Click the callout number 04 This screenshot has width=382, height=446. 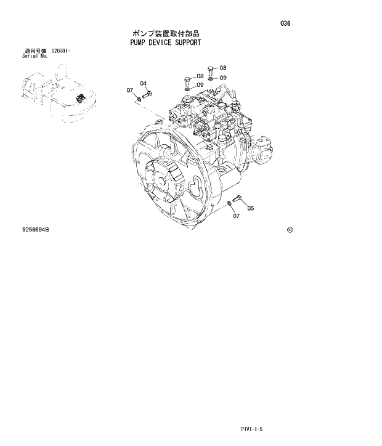click(x=143, y=83)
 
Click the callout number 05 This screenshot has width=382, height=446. click(x=251, y=208)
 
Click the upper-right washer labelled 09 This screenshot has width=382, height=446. click(x=212, y=79)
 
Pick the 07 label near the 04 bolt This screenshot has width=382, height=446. click(x=130, y=91)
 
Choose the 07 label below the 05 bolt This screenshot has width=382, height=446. click(x=236, y=216)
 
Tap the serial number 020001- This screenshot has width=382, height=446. click(x=61, y=50)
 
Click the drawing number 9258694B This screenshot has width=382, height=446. click(x=35, y=229)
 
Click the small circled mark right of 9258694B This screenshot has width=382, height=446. click(x=290, y=230)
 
